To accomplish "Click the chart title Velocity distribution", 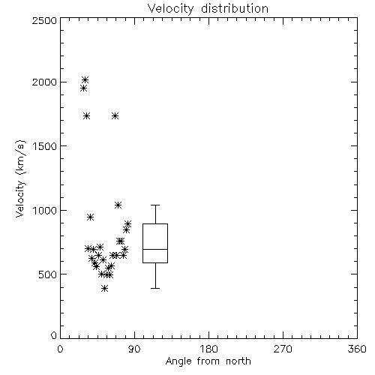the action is pyautogui.click(x=208, y=9).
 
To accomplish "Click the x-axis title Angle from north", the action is pyautogui.click(x=208, y=361).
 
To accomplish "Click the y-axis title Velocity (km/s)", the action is pyautogui.click(x=20, y=178).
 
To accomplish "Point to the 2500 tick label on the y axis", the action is pyautogui.click(x=44, y=20).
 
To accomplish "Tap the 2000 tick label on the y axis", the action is pyautogui.click(x=44, y=82).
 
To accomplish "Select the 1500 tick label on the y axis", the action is pyautogui.click(x=45, y=146).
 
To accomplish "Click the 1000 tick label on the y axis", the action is pyautogui.click(x=45, y=211).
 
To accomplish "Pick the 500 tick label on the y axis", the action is pyautogui.click(x=48, y=274).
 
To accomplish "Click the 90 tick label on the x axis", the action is pyautogui.click(x=134, y=349).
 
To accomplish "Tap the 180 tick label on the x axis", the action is pyautogui.click(x=208, y=349).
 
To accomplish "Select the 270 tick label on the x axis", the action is pyautogui.click(x=283, y=349).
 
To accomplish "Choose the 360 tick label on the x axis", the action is pyautogui.click(x=357, y=349).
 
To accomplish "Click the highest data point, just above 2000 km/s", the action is pyautogui.click(x=85, y=80).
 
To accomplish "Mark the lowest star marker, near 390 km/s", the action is pyautogui.click(x=105, y=289).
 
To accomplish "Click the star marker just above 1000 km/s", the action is pyautogui.click(x=118, y=205).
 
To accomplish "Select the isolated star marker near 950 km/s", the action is pyautogui.click(x=91, y=217).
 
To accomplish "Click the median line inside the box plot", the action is pyautogui.click(x=155, y=249).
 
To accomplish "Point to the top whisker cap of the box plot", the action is pyautogui.click(x=155, y=205).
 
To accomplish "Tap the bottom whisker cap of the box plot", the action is pyautogui.click(x=155, y=288).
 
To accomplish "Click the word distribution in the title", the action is pyautogui.click(x=235, y=9).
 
